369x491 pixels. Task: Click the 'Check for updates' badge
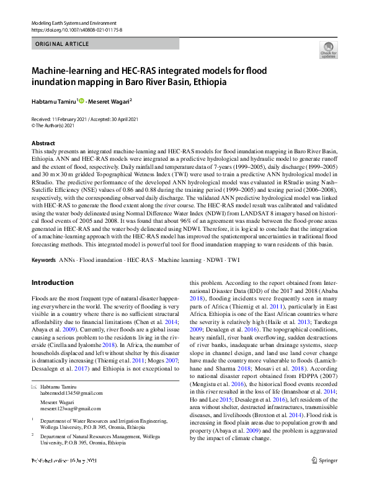click(x=328, y=50)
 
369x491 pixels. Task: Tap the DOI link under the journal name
click(x=76, y=29)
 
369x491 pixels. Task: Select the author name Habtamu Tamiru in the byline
click(x=53, y=101)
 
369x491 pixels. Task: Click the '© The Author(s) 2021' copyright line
click(x=56, y=125)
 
